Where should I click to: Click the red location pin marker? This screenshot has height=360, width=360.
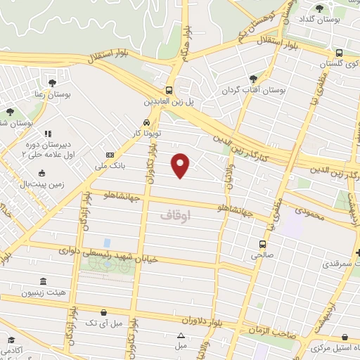click(x=181, y=165)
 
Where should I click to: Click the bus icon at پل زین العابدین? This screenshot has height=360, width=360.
click(x=169, y=90)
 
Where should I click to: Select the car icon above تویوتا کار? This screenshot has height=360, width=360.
click(x=146, y=122)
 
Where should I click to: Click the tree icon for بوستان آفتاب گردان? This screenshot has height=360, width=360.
click(x=253, y=79)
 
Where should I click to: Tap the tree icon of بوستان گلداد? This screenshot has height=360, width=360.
click(x=319, y=8)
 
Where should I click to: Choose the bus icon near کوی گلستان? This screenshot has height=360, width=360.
click(x=340, y=53)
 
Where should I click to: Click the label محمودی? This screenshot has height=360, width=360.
click(x=312, y=210)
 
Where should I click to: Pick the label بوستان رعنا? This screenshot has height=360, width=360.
click(x=48, y=94)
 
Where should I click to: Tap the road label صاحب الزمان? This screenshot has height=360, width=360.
click(x=271, y=330)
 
